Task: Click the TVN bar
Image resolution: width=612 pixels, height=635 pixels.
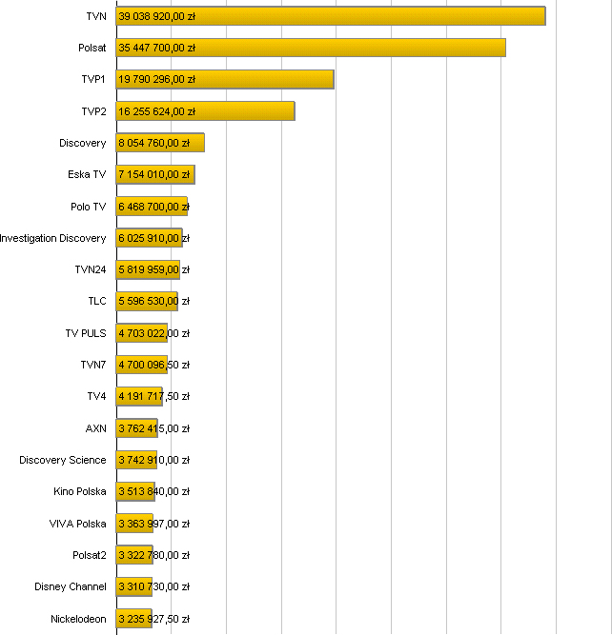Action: click(x=330, y=16)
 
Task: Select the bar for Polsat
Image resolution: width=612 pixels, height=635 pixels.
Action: click(x=311, y=48)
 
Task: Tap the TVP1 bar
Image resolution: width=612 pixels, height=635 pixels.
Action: click(x=225, y=79)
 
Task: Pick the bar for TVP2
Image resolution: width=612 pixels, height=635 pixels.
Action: click(x=205, y=111)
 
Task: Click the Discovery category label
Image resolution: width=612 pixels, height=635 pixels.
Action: click(x=83, y=143)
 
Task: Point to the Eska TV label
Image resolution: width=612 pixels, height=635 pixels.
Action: click(x=87, y=174)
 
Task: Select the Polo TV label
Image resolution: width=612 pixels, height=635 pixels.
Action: click(x=89, y=207)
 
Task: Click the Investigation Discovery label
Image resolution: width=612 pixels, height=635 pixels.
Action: click(x=53, y=238)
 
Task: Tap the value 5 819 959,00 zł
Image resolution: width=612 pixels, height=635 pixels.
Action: click(x=154, y=269)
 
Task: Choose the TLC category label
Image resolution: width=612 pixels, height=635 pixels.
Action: click(x=96, y=302)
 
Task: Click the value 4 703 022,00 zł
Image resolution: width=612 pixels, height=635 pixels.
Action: click(x=154, y=333)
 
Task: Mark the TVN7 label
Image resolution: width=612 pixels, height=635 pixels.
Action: click(x=93, y=365)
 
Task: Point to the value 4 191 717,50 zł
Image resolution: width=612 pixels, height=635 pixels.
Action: click(x=154, y=396)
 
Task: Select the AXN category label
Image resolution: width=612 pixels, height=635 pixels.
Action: click(x=96, y=428)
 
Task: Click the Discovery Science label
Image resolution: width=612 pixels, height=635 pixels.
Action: click(x=63, y=460)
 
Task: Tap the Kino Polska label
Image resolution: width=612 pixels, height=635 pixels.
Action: click(x=80, y=491)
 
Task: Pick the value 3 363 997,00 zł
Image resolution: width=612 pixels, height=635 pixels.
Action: click(x=154, y=524)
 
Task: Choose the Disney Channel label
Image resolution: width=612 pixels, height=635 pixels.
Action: click(x=71, y=586)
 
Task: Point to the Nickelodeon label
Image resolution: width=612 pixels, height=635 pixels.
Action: click(x=78, y=619)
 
